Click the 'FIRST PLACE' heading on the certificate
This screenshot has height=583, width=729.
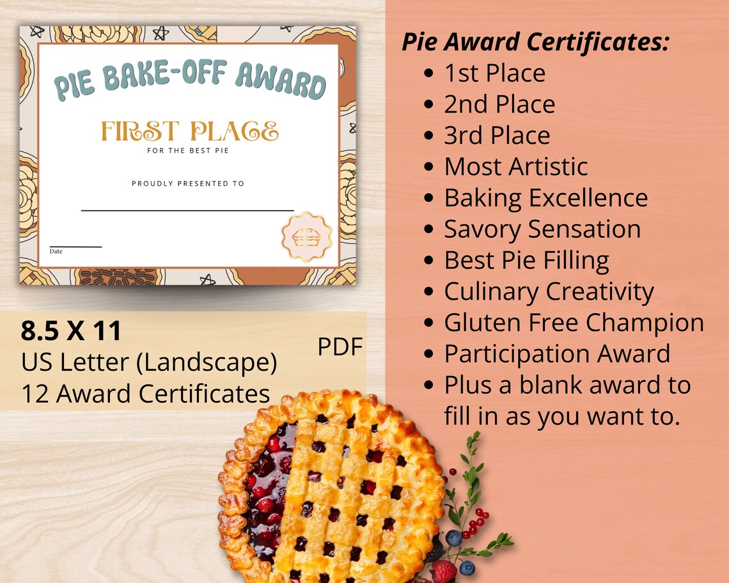pos(189,131)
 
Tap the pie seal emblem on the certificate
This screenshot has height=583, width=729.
pos(306,237)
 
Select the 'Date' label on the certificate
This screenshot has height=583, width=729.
pos(56,251)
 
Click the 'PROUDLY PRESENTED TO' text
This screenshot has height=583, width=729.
pos(188,183)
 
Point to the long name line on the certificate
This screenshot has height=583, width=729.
pos(187,210)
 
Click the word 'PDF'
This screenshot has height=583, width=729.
pos(340,346)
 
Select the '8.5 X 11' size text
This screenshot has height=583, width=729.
pos(71,330)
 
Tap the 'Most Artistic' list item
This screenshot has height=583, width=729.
pos(515,167)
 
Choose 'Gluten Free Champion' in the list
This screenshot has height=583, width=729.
pos(574,323)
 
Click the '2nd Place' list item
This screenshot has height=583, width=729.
pos(499,104)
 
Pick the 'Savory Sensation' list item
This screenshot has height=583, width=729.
pos(542,229)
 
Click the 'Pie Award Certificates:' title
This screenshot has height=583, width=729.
pos(535,42)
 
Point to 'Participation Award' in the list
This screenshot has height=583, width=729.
pos(557,354)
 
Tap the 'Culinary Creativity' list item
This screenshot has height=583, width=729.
pos(549,291)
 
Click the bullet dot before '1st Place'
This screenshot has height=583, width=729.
pos(430,74)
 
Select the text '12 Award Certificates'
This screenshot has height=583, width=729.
pos(145,393)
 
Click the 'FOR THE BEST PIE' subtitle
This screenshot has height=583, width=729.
pos(188,151)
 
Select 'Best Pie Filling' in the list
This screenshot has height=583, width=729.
pos(526,260)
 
